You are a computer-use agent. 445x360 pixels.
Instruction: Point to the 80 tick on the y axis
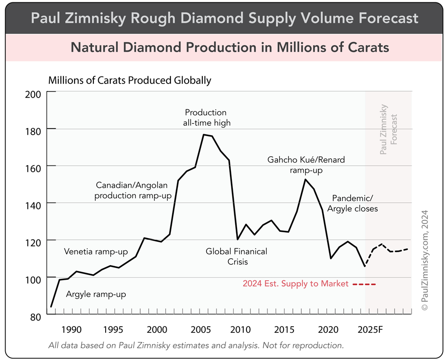click(36, 316)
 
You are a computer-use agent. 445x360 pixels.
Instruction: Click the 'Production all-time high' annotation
click(206, 118)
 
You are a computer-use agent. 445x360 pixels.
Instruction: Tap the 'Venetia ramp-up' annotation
click(96, 252)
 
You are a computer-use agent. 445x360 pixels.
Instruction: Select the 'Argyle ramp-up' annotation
click(96, 294)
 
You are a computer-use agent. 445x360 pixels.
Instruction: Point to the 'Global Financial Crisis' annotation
click(237, 256)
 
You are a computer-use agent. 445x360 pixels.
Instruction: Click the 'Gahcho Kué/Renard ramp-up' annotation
click(306, 165)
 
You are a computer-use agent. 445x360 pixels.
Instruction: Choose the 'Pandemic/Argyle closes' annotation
click(355, 203)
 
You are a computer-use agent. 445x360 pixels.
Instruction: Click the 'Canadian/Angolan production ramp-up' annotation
click(133, 190)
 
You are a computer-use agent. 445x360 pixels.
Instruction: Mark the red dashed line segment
click(364, 284)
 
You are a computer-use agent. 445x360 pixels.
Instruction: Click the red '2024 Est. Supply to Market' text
click(295, 283)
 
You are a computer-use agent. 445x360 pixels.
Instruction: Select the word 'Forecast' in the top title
click(381, 18)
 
